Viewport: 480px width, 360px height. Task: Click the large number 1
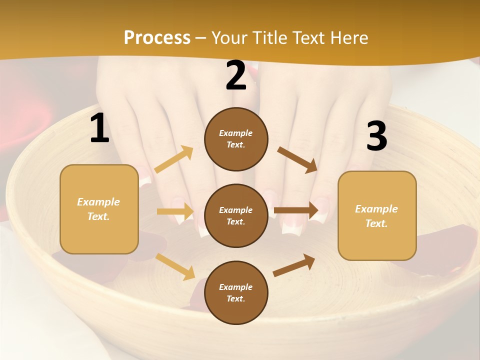99,128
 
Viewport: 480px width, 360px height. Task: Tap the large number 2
236,75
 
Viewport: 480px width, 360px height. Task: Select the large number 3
376,136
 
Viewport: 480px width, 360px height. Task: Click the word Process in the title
157,37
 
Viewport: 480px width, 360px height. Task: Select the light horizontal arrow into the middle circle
175,211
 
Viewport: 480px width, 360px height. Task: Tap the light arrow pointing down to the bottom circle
175,266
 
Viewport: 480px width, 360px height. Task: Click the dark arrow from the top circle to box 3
297,159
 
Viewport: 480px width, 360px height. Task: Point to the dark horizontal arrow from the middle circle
296,209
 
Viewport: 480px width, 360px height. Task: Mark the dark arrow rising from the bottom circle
294,265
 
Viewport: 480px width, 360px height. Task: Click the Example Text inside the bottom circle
235,292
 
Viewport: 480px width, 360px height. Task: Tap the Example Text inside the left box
98,209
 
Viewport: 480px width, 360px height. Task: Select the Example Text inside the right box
376,216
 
